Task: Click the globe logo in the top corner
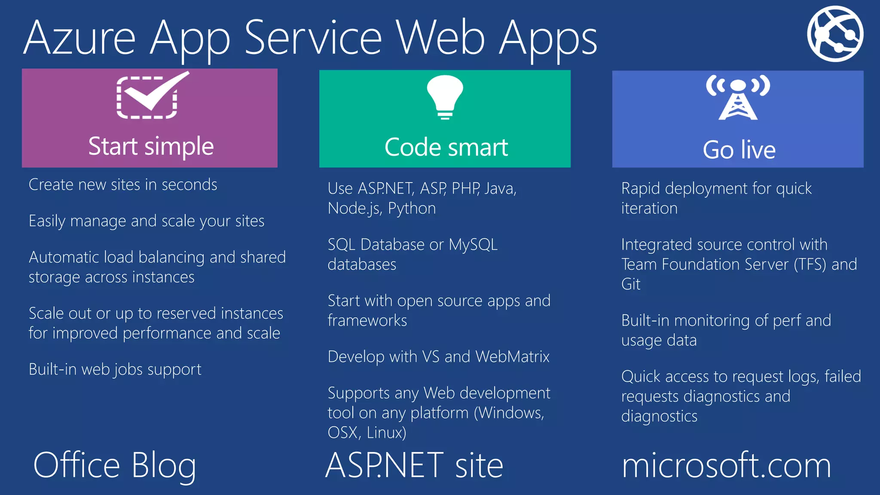click(835, 34)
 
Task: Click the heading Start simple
click(151, 146)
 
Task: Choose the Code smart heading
click(446, 147)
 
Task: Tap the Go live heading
click(739, 150)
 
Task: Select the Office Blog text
click(115, 465)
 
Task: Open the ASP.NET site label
click(414, 465)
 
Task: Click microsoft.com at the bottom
click(726, 465)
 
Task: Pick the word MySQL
click(473, 244)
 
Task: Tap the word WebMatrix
click(512, 357)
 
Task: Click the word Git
click(631, 284)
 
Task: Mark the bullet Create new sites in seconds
click(123, 185)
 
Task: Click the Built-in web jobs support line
click(115, 370)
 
